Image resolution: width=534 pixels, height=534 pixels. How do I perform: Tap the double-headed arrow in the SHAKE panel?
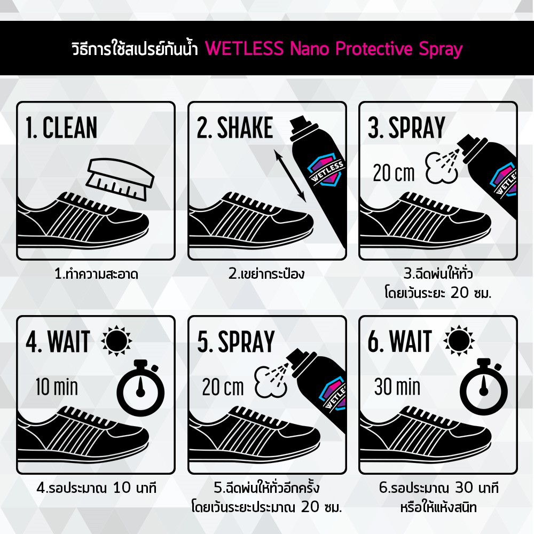290,176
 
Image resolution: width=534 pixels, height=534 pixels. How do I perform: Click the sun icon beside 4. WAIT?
116,341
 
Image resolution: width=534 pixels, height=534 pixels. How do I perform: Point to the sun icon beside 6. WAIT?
459,341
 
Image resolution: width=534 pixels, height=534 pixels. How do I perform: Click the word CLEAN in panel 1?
70,128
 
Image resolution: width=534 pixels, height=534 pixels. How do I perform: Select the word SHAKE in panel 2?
245,128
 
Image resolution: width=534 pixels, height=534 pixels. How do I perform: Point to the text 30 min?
397,387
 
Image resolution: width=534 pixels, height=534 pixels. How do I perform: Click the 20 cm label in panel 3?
394,173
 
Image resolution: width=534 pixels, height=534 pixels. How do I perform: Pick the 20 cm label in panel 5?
223,387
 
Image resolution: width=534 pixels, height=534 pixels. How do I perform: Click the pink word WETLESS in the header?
245,49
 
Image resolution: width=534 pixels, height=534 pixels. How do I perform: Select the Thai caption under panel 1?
96,274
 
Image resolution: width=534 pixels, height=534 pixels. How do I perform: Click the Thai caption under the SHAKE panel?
266,273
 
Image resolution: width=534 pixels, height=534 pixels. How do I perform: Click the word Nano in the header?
310,49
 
